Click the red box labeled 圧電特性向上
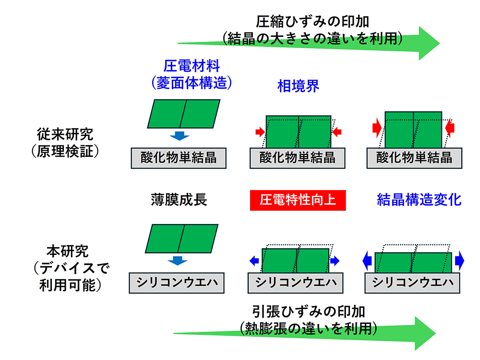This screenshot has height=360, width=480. tap(298, 200)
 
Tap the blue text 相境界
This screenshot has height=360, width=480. tap(298, 86)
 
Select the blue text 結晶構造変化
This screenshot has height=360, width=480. tap(419, 200)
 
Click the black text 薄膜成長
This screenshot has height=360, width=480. tap(179, 200)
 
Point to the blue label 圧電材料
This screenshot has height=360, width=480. tap(192, 66)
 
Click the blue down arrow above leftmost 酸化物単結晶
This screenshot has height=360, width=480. tap(180, 136)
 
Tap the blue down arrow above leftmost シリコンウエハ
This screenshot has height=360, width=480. tap(180, 261)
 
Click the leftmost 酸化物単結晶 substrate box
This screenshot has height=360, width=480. tap(179, 158)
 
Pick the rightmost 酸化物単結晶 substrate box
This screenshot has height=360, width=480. tap(414, 158)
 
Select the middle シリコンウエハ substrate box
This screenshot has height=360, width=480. tap(295, 282)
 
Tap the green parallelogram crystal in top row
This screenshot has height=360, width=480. tap(183, 114)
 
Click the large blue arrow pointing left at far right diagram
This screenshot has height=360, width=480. tap(367, 261)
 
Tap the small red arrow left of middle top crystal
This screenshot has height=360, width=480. tap(260, 131)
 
